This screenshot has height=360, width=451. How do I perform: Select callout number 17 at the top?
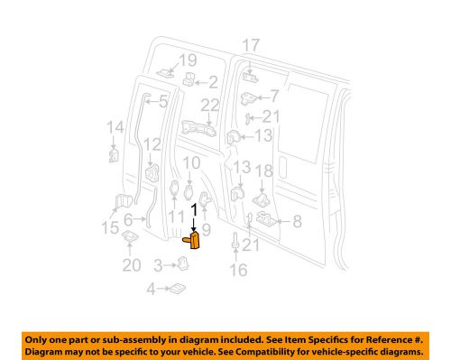(x=250, y=45)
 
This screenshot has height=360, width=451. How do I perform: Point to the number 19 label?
(x=187, y=60)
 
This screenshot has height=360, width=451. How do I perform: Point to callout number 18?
(x=266, y=171)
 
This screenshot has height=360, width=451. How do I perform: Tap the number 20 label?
(x=131, y=264)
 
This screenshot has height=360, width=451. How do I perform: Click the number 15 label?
(x=109, y=229)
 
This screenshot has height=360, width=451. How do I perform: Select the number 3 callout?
(x=158, y=264)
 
